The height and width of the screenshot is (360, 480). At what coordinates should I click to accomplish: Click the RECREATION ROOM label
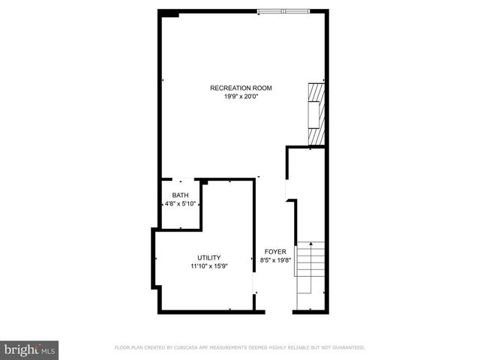click(241, 88)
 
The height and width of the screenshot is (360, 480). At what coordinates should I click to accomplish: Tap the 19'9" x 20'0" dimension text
click(241, 96)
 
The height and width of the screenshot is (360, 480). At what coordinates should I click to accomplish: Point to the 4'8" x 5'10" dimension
click(180, 203)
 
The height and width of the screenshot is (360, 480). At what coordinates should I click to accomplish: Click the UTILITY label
click(208, 257)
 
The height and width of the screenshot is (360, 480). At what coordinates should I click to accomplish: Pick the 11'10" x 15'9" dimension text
click(208, 265)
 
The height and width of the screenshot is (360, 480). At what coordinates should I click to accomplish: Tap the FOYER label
click(274, 252)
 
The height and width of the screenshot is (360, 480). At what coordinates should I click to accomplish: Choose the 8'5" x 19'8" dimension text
click(274, 260)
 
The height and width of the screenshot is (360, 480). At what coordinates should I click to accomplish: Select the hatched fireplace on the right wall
click(317, 112)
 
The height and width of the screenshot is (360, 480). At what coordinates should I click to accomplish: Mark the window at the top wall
click(283, 10)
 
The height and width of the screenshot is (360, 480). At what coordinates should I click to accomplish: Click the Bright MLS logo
click(30, 349)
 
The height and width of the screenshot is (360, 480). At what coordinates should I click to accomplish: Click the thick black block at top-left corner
click(169, 12)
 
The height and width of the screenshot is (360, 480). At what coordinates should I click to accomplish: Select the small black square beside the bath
click(202, 181)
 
